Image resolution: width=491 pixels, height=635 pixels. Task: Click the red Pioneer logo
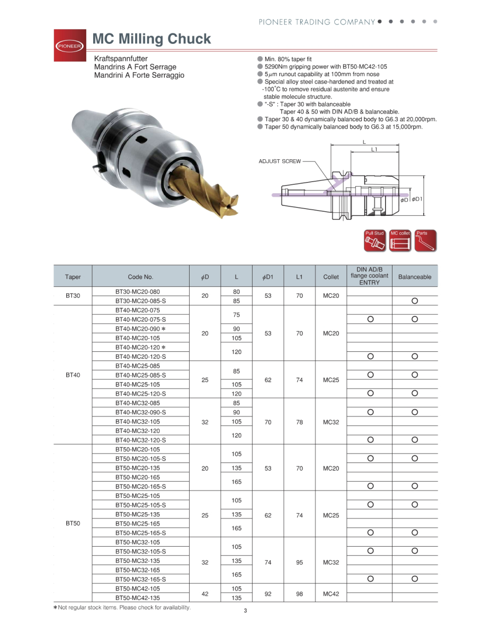[x=70, y=45]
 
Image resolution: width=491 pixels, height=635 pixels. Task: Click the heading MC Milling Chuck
[x=151, y=39]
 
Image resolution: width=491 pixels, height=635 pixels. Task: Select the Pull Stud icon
[x=374, y=241]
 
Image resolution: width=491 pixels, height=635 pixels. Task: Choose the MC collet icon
[x=400, y=241]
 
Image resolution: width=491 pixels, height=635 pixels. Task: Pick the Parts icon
[x=425, y=241]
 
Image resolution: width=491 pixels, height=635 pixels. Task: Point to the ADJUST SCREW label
[x=279, y=161]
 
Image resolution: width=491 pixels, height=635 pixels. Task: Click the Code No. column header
[x=140, y=277]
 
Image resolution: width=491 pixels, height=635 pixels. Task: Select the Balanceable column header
[x=415, y=277]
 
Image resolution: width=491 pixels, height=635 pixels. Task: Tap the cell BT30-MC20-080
[x=138, y=292]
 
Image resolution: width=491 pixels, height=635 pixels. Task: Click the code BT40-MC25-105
[x=138, y=384]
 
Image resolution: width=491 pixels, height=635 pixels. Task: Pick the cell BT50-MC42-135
[x=138, y=598]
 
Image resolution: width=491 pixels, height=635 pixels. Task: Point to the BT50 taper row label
[x=73, y=523]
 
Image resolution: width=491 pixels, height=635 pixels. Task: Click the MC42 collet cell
[x=331, y=594]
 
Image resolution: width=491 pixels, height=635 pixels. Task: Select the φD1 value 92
[x=268, y=594]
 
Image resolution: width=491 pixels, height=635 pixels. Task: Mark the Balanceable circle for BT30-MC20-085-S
[x=415, y=301]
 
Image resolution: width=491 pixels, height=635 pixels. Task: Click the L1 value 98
[x=300, y=594]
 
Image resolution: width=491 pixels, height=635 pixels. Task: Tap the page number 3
[x=245, y=611]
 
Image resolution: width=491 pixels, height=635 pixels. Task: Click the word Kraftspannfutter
[x=121, y=58]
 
